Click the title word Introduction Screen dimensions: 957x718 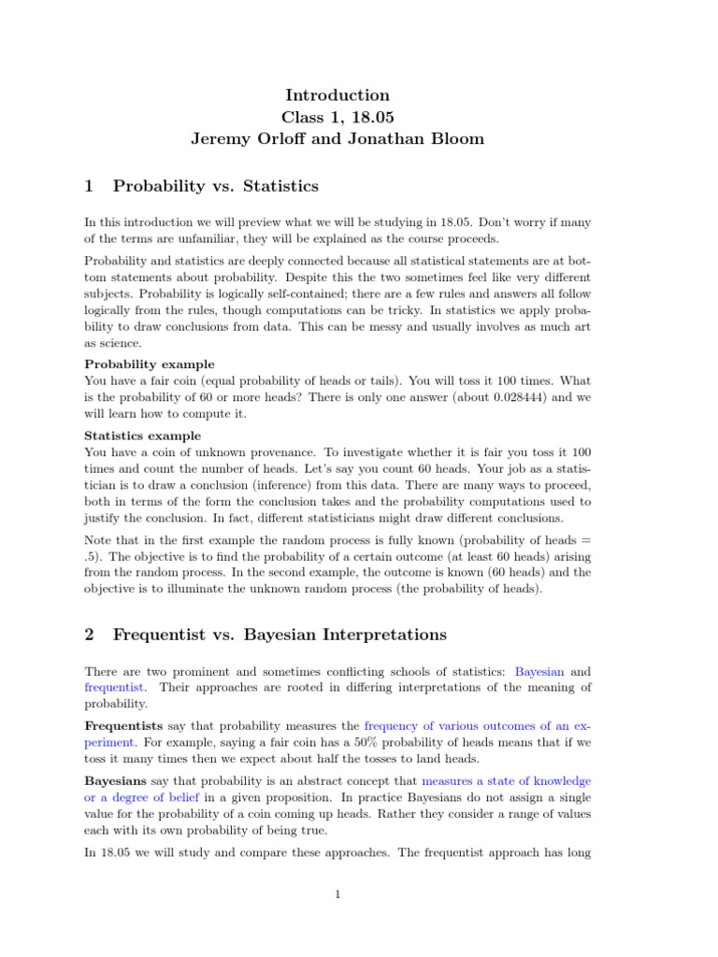(336, 95)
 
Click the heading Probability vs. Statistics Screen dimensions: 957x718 (215, 186)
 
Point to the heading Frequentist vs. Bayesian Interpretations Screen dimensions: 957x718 (280, 635)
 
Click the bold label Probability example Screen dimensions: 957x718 (149, 364)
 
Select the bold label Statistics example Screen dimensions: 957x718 (142, 436)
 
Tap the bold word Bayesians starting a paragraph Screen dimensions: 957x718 (116, 779)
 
